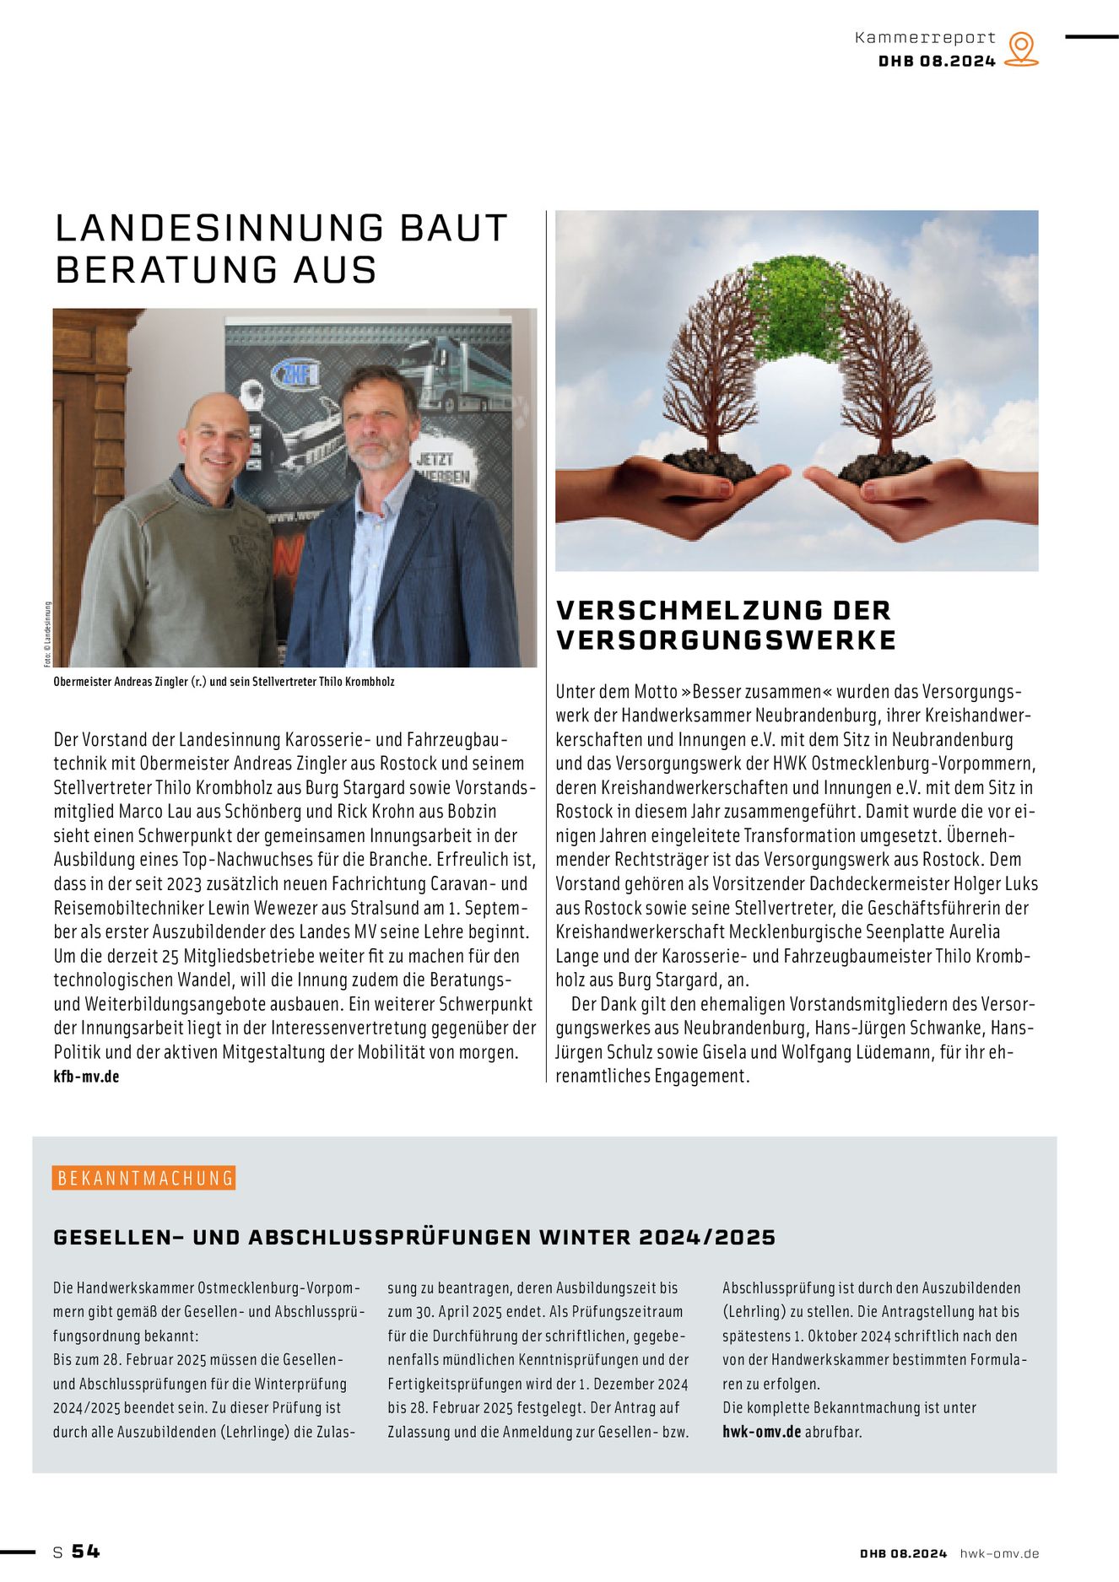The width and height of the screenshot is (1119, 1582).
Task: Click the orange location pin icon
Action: tap(1021, 49)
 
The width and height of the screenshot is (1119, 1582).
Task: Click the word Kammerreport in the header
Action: tap(925, 38)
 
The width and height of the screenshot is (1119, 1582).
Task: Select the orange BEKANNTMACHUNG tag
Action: tap(144, 1178)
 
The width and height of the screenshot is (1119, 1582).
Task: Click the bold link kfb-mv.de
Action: tap(86, 1077)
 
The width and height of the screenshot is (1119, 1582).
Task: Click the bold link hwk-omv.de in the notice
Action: tap(761, 1432)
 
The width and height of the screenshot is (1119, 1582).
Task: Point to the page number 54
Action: tap(86, 1552)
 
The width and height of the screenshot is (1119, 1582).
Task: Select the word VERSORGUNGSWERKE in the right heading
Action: tap(726, 640)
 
